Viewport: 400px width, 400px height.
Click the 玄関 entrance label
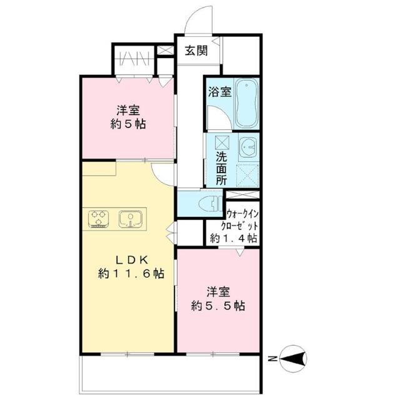pyautogui.click(x=196, y=51)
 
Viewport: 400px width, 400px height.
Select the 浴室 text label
pyautogui.click(x=219, y=92)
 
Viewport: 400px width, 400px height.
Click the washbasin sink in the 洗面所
pyautogui.click(x=248, y=147)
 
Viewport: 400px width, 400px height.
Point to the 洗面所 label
pyautogui.click(x=221, y=168)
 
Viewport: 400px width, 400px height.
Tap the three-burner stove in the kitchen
pyautogui.click(x=98, y=219)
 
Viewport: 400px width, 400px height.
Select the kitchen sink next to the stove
pyautogui.click(x=131, y=219)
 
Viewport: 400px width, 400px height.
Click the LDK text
pyautogui.click(x=132, y=260)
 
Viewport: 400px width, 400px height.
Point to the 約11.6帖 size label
pyautogui.click(x=131, y=274)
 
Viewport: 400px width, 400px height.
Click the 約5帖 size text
pyautogui.click(x=128, y=124)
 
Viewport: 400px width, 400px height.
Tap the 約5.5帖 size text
pyautogui.click(x=218, y=306)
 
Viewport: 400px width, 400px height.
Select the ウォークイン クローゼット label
pyautogui.click(x=242, y=220)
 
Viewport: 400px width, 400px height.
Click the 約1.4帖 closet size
pyautogui.click(x=233, y=238)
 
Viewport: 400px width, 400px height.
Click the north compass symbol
pyautogui.click(x=293, y=358)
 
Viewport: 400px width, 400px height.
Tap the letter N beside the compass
pyautogui.click(x=272, y=359)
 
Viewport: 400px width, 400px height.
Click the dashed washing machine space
pyautogui.click(x=247, y=176)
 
